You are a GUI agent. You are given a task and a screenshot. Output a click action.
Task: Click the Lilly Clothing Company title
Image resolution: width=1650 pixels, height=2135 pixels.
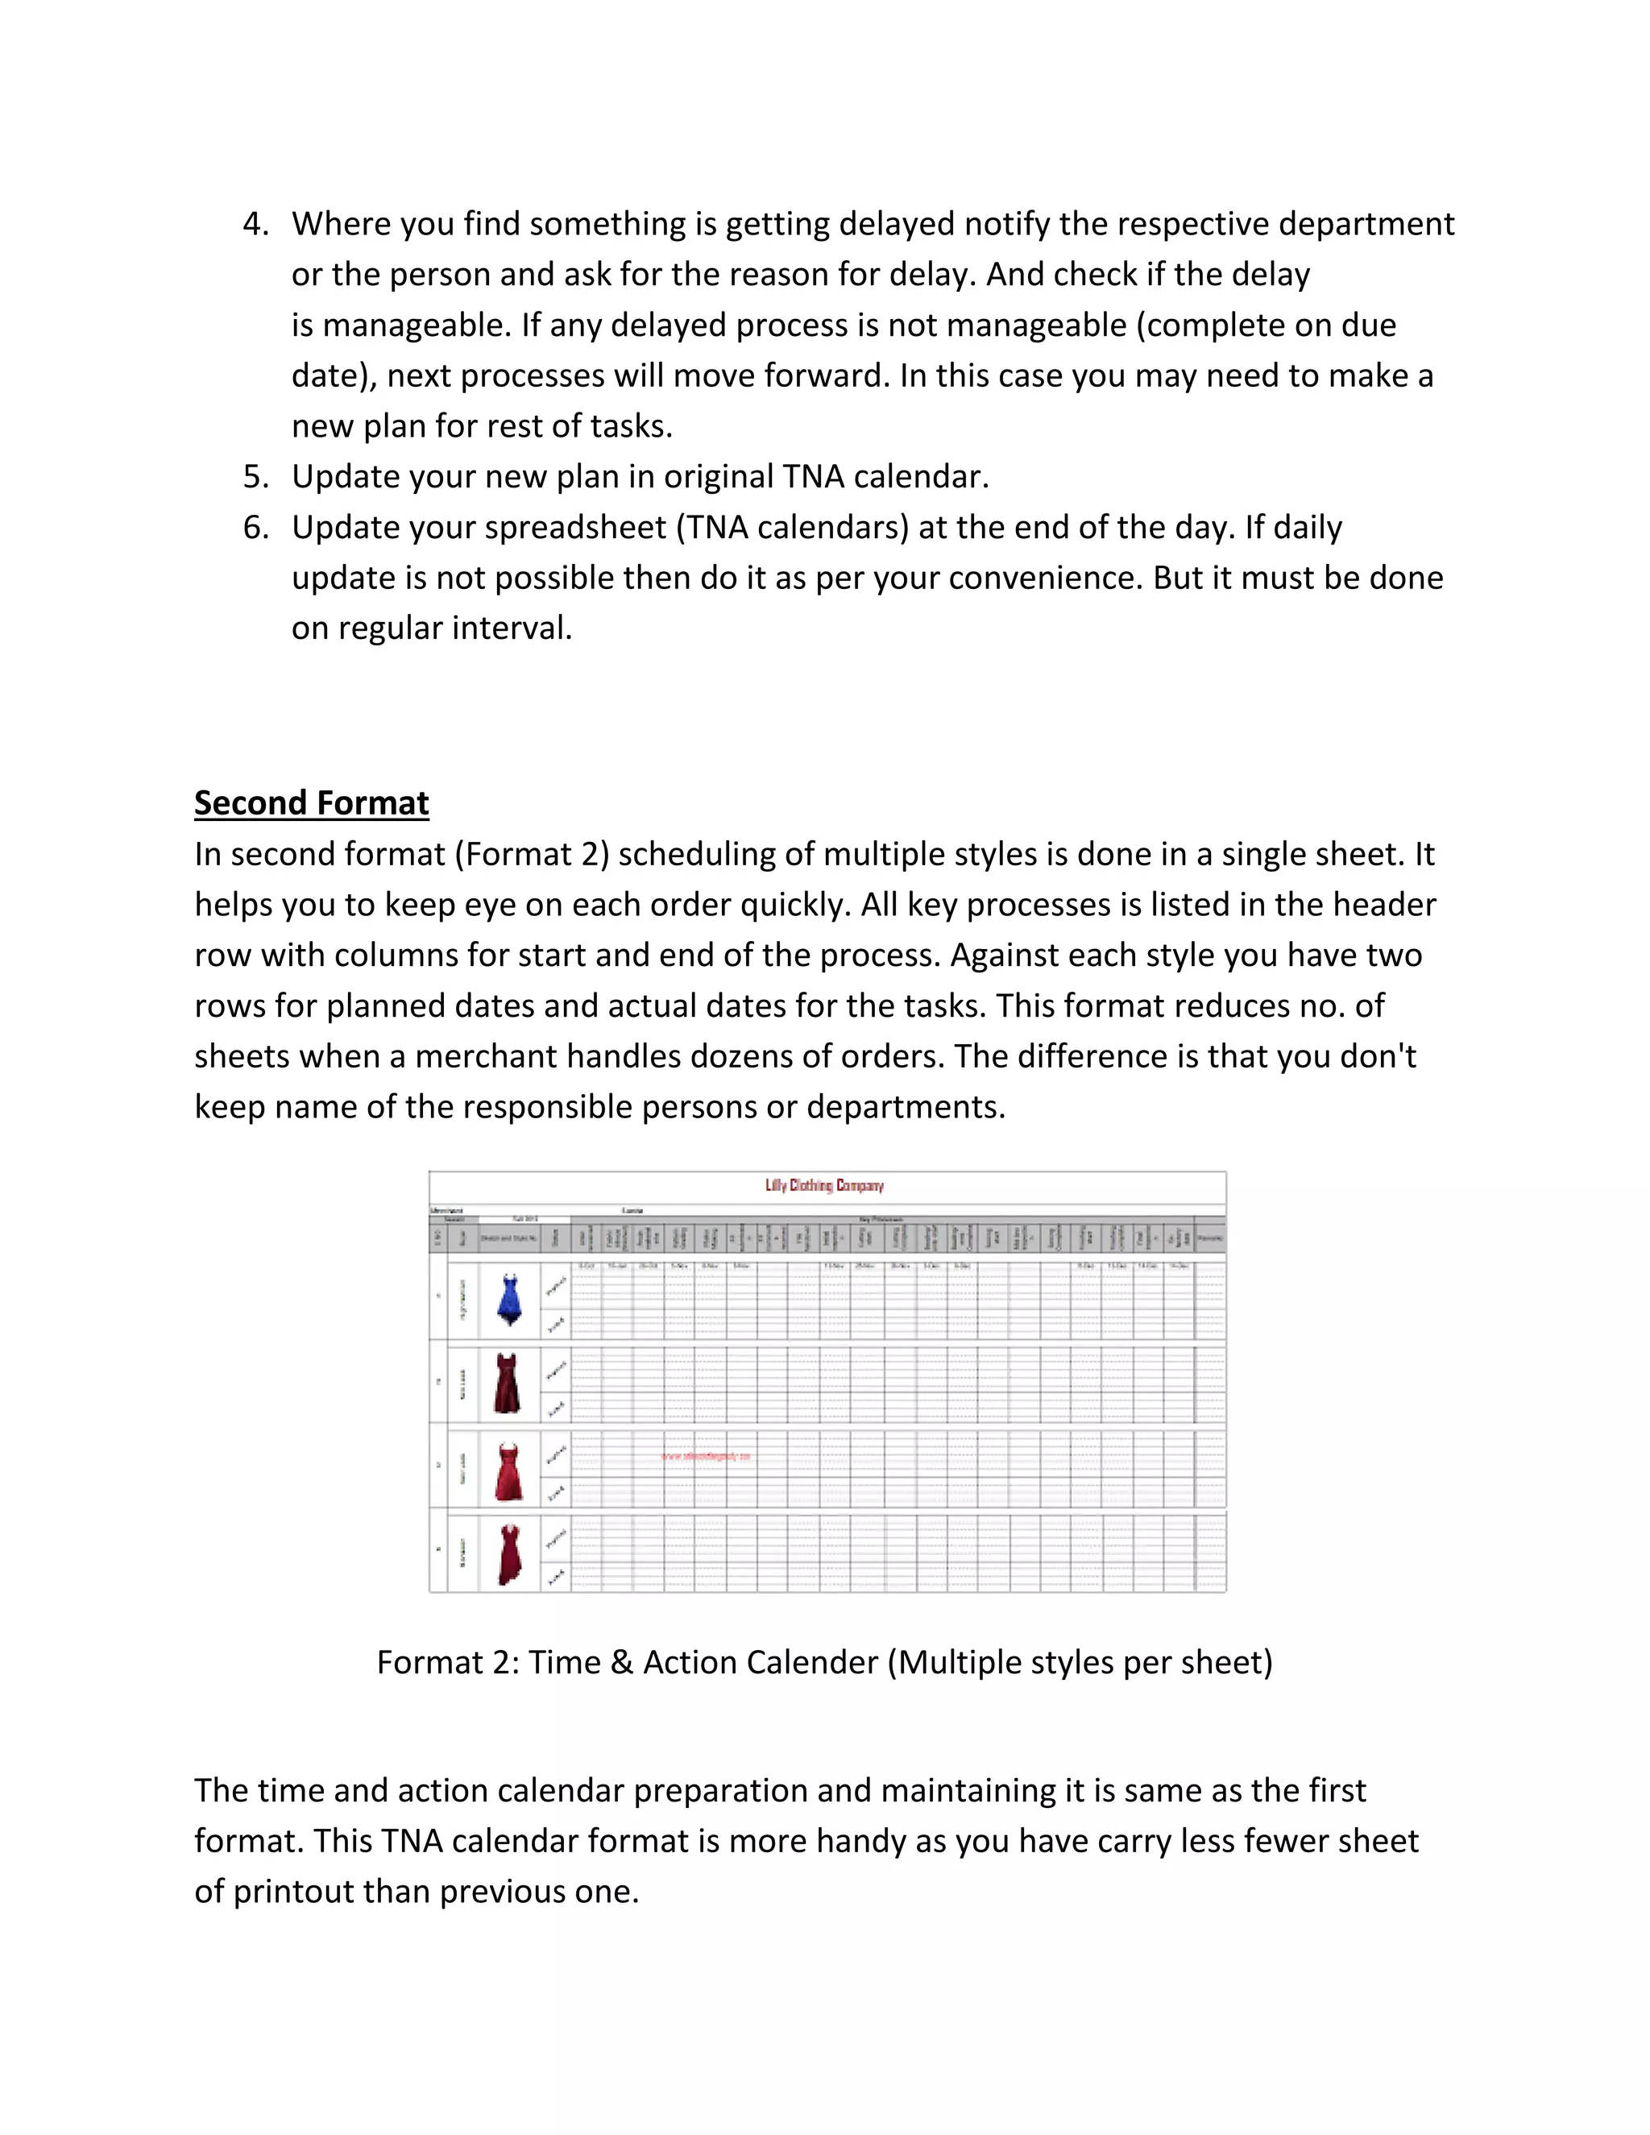[824, 1185]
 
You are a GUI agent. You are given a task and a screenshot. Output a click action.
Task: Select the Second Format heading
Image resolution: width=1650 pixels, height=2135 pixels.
[311, 802]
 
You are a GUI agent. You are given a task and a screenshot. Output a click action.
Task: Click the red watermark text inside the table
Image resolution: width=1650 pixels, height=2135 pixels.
[706, 1456]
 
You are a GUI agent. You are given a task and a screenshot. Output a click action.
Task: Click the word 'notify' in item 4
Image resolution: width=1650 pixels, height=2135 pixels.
[1007, 224]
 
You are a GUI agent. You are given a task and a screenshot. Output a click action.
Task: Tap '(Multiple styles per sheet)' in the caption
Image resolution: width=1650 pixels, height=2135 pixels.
[1080, 1662]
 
